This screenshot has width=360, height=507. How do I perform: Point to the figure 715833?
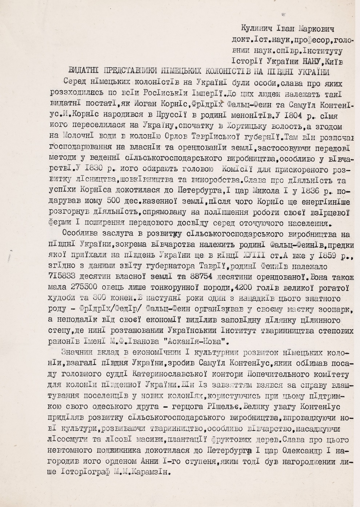coord(78,275)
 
